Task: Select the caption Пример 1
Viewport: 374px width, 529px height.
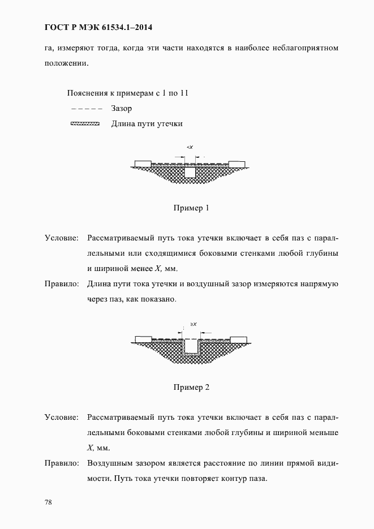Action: click(x=191, y=208)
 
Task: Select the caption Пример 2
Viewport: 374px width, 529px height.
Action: click(x=191, y=388)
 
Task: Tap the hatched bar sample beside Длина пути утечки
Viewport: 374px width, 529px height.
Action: click(x=85, y=123)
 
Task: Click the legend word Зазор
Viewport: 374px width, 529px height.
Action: click(x=122, y=109)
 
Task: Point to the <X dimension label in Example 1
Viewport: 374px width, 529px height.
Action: click(x=190, y=148)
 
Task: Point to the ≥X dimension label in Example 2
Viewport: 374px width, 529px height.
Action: click(x=193, y=324)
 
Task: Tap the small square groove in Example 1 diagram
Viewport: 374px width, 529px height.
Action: click(x=191, y=172)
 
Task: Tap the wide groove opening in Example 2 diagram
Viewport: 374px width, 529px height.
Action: click(x=191, y=345)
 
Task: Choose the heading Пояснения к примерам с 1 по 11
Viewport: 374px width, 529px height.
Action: click(x=127, y=93)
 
